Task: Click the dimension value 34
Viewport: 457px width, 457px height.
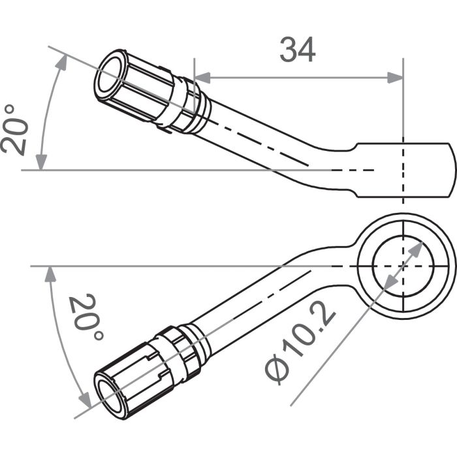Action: (x=298, y=50)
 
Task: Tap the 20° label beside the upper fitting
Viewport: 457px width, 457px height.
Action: (x=14, y=129)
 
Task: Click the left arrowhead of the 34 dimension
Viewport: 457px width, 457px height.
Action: (x=202, y=78)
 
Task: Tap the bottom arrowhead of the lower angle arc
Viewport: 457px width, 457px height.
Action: (x=83, y=400)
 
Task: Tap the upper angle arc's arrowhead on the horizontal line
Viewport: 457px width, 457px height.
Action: (x=41, y=163)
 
